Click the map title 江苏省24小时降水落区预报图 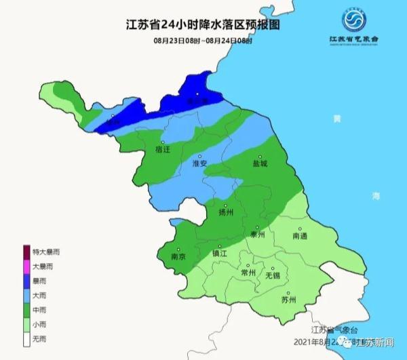(x=203, y=26)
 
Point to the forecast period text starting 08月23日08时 (x=203, y=41)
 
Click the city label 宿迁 (x=163, y=148)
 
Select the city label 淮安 (x=200, y=164)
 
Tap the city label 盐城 (x=260, y=164)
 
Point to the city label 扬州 (x=226, y=212)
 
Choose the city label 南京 (x=180, y=258)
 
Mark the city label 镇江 (x=221, y=253)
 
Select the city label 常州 (x=249, y=273)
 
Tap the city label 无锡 (x=273, y=276)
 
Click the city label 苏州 (x=288, y=300)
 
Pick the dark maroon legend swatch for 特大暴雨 (x=26, y=252)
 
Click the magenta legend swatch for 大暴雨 (x=26, y=266)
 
